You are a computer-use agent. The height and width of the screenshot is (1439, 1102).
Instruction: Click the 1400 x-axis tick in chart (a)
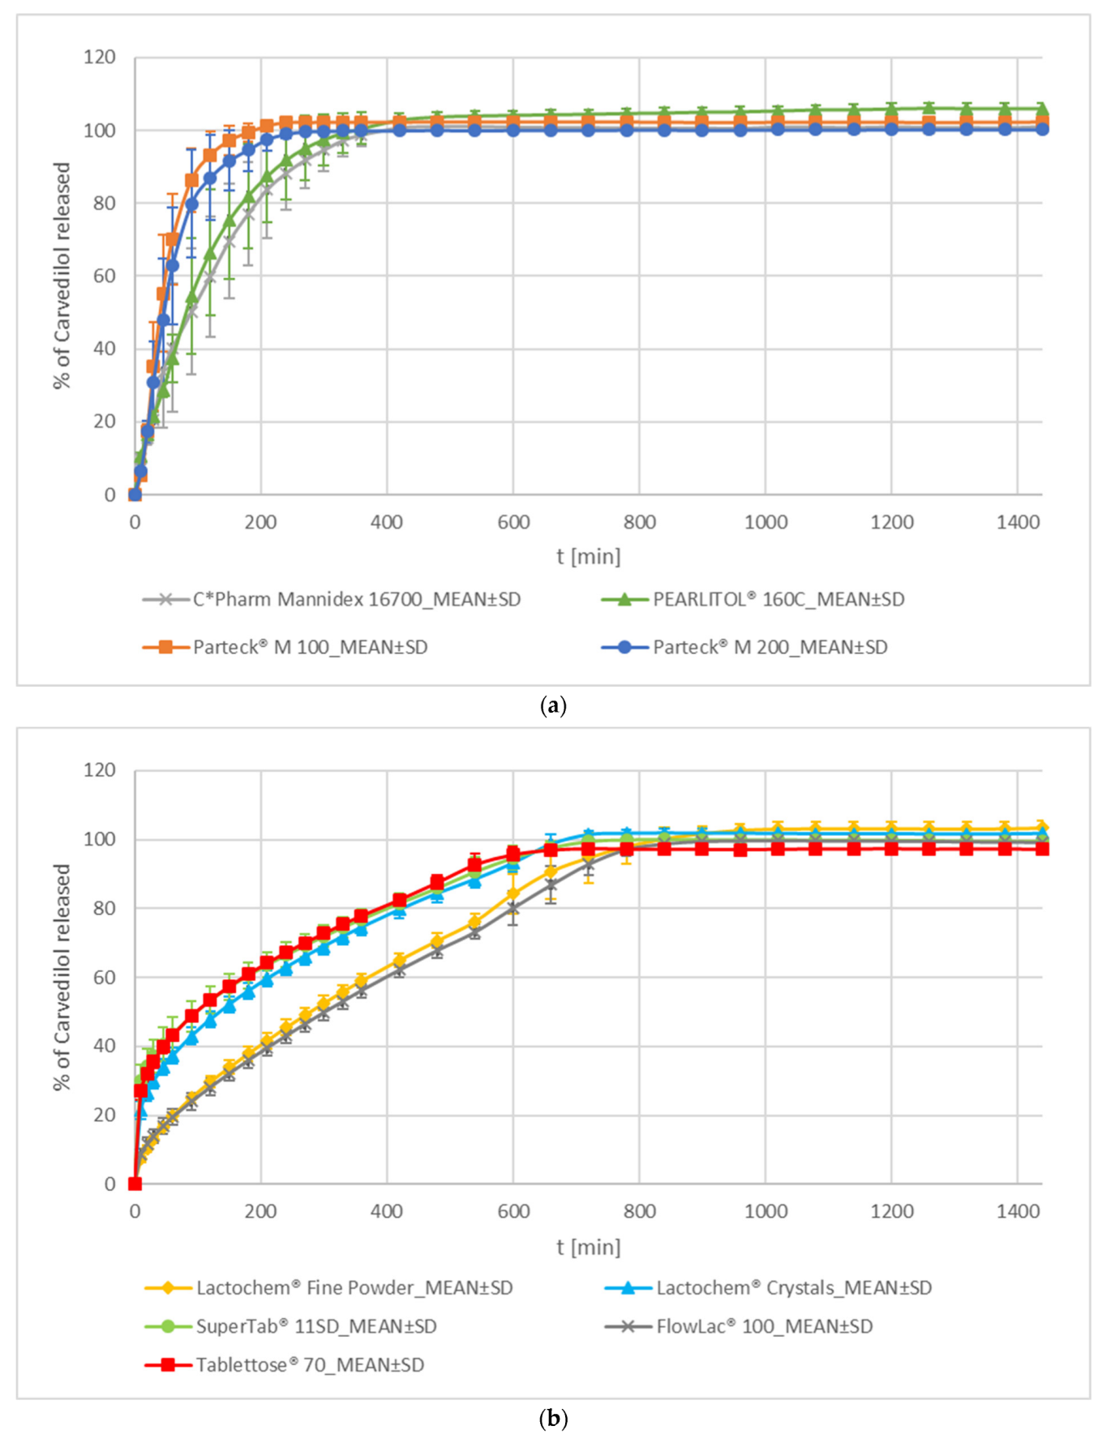(1018, 523)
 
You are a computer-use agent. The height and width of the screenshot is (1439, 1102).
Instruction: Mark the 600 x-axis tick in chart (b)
(513, 1211)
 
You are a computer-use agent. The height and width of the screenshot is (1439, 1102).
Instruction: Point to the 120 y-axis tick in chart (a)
(100, 58)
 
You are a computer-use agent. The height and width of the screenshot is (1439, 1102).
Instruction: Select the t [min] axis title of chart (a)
(589, 557)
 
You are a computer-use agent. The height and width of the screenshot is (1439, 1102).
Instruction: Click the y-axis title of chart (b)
(62, 977)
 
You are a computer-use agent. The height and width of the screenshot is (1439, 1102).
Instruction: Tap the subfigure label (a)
(552, 705)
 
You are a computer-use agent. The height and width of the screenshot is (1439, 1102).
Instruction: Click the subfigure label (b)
(552, 1419)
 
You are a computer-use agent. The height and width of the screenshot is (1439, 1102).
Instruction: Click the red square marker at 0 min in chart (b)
(135, 1184)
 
